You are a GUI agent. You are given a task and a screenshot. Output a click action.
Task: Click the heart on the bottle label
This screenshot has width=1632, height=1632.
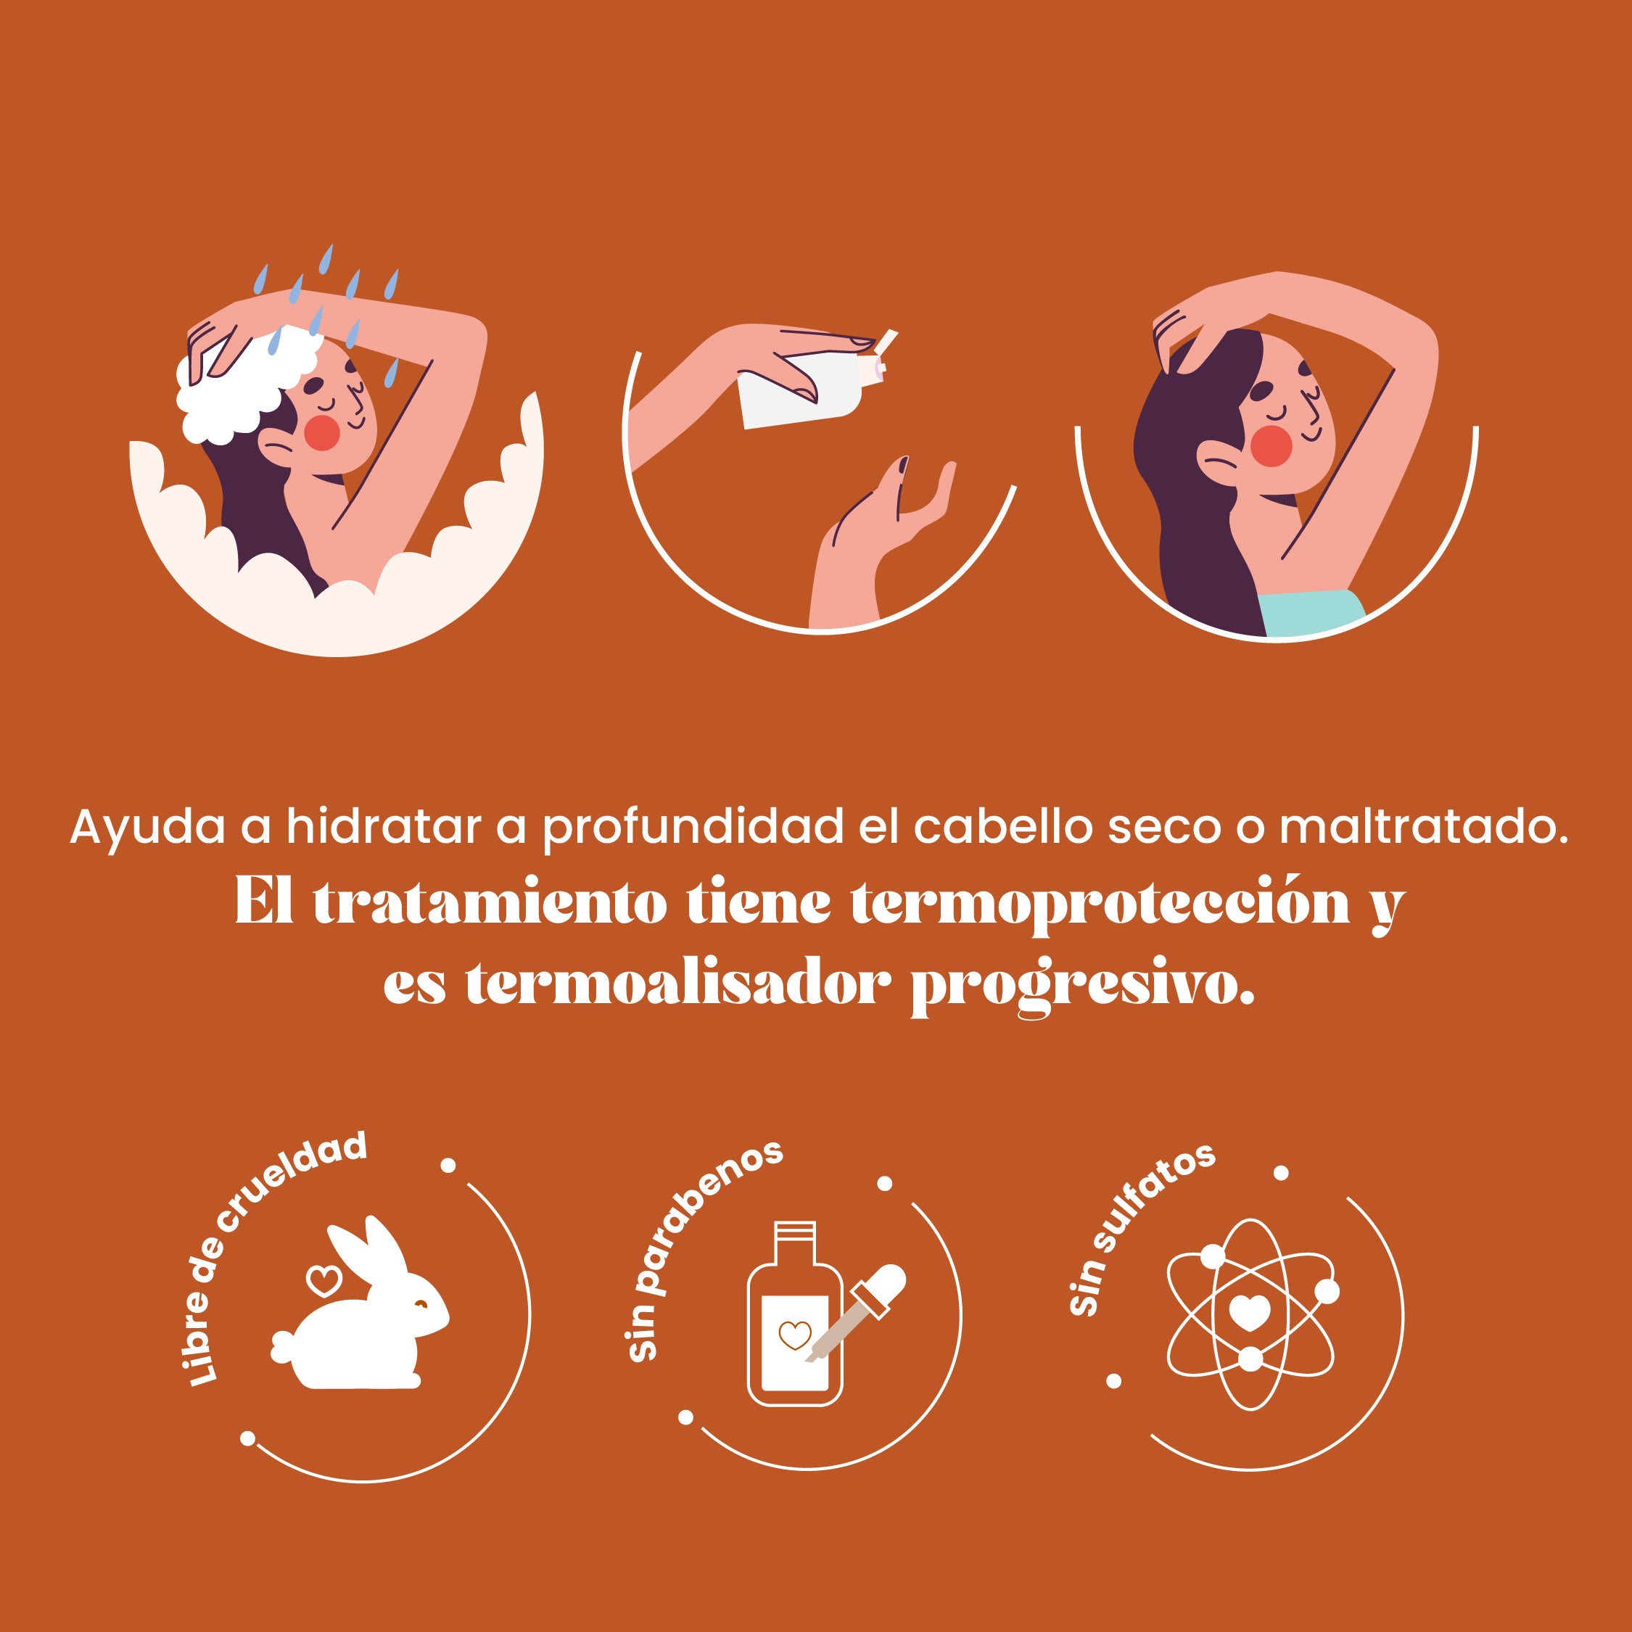(x=794, y=1335)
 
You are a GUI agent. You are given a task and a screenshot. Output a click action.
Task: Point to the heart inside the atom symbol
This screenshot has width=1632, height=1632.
(x=1249, y=1313)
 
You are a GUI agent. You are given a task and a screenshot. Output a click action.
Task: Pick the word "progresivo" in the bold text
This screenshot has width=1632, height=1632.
(x=1082, y=985)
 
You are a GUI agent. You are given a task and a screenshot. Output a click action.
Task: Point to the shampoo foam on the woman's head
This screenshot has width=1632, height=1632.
(x=245, y=384)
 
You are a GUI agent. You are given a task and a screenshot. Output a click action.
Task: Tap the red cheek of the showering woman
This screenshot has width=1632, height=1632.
(x=322, y=432)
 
